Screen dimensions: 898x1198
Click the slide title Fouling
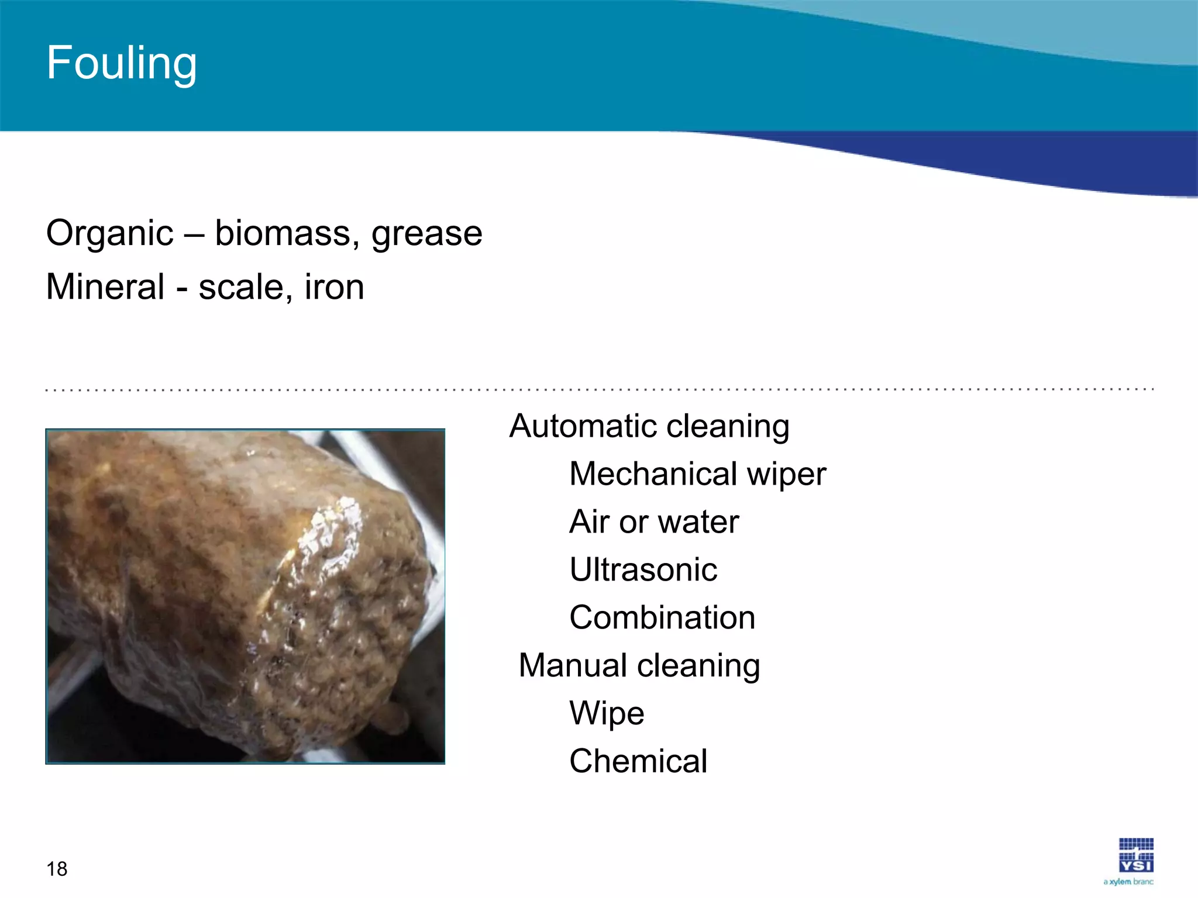coord(122,63)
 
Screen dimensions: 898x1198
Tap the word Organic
coord(110,234)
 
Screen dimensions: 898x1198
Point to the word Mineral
coord(105,287)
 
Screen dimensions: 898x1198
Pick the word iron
coord(334,287)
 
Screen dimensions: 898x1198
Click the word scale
coord(241,288)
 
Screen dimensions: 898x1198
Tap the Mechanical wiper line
coord(697,474)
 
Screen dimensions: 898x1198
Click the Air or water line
coord(653,521)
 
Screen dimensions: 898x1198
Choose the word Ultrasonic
coord(643,569)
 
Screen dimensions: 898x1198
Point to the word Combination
coord(662,617)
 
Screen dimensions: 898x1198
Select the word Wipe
coord(607,714)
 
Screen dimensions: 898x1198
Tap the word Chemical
coord(638,761)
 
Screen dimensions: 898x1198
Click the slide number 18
coord(57,869)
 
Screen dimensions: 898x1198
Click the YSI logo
coord(1135,855)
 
